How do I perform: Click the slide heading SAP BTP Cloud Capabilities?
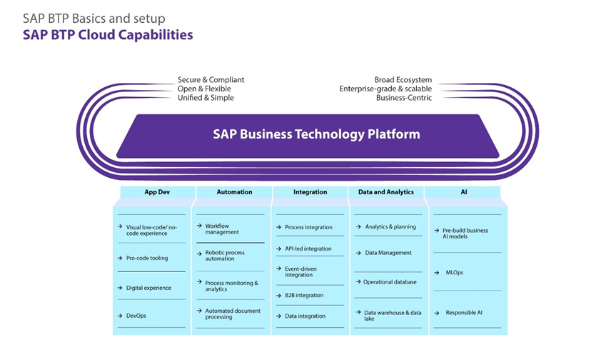[x=108, y=34]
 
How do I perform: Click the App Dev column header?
[x=157, y=192]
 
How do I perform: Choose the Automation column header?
[x=234, y=192]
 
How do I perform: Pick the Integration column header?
[x=310, y=192]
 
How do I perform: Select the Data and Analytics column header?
[x=385, y=192]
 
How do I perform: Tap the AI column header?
[x=463, y=192]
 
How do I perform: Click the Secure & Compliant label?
[x=211, y=80]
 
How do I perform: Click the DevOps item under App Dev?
[x=136, y=316]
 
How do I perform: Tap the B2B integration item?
[x=304, y=296]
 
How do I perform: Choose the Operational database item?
[x=390, y=282]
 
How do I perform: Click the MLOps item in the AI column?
[x=455, y=272]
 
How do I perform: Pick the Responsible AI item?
[x=464, y=313]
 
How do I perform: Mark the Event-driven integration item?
[x=301, y=272]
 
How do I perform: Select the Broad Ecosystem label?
[x=403, y=80]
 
